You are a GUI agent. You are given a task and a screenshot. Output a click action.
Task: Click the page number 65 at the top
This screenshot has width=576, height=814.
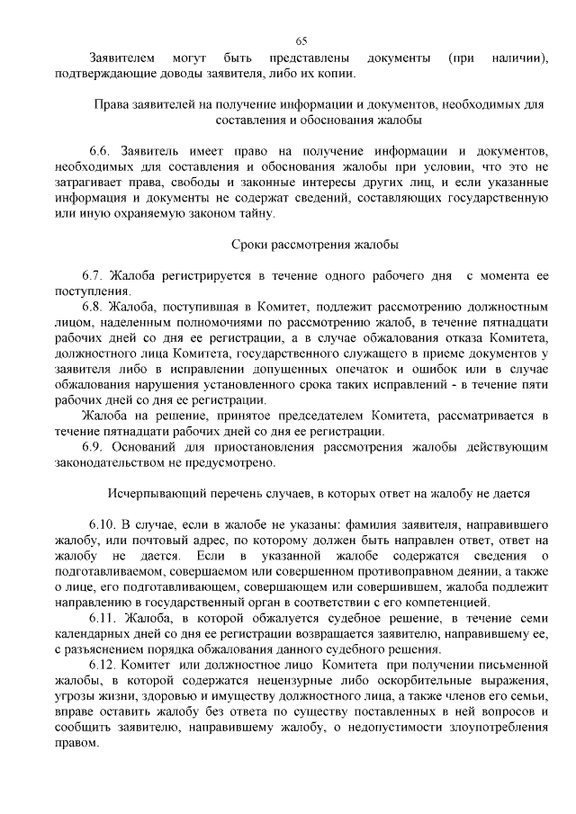click(x=301, y=40)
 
